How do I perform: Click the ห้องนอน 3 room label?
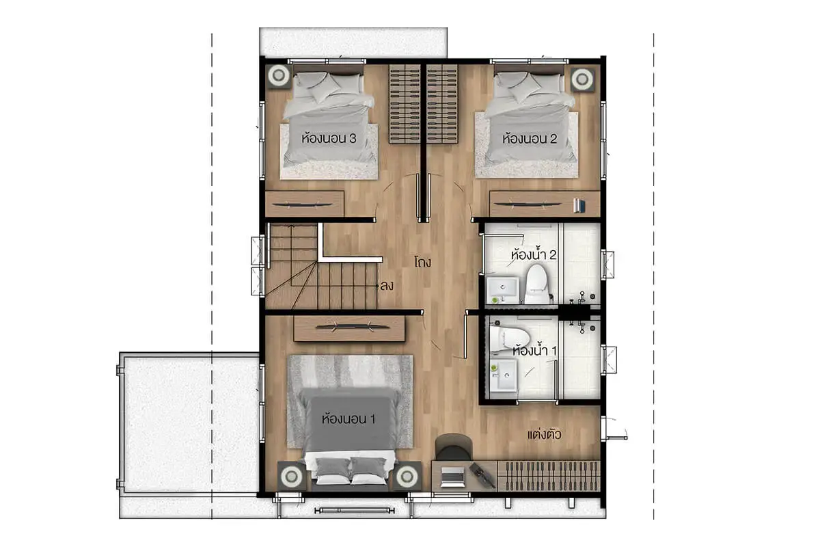pyautogui.click(x=329, y=138)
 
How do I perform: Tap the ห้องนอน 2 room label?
pyautogui.click(x=530, y=138)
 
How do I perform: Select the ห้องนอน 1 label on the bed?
pyautogui.click(x=348, y=418)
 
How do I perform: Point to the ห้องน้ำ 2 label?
pyautogui.click(x=534, y=254)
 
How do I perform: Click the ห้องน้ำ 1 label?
pyautogui.click(x=534, y=350)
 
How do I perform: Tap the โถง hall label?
pyautogui.click(x=423, y=262)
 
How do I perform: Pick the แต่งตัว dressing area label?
pyautogui.click(x=544, y=434)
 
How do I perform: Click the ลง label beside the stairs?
pyautogui.click(x=387, y=285)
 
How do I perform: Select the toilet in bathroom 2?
pyautogui.click(x=537, y=284)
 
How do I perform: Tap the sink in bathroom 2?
pyautogui.click(x=503, y=290)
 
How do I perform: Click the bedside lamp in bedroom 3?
pyautogui.click(x=278, y=75)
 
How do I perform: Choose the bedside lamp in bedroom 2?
pyautogui.click(x=582, y=79)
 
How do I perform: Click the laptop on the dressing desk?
pyautogui.click(x=452, y=477)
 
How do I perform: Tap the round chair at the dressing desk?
pyautogui.click(x=454, y=447)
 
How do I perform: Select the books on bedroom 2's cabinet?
pyautogui.click(x=579, y=206)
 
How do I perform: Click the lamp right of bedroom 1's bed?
pyautogui.click(x=407, y=476)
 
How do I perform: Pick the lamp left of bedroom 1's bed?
pyautogui.click(x=291, y=476)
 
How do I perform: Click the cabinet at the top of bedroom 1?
pyautogui.click(x=349, y=328)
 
